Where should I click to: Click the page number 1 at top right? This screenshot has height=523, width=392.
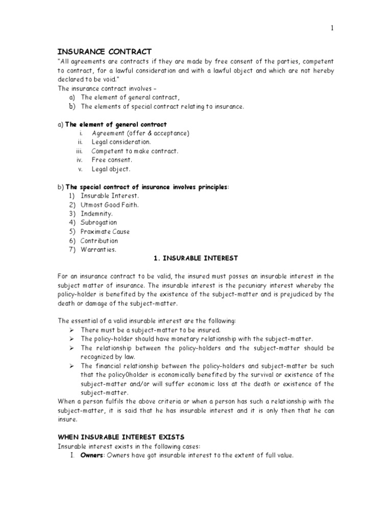[x=332, y=29]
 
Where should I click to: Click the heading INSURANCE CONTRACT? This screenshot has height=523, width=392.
[x=105, y=52]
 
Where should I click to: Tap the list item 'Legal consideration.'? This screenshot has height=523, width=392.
[x=121, y=142]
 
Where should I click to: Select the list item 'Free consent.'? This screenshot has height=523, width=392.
[x=112, y=160]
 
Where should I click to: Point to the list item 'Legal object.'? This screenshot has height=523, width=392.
[x=111, y=169]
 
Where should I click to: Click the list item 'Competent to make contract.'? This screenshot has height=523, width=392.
[x=135, y=151]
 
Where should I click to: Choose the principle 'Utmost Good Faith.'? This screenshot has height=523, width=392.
[x=109, y=205]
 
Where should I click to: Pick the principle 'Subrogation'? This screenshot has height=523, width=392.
[x=99, y=223]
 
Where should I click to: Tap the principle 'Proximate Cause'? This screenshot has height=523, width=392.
[x=105, y=232]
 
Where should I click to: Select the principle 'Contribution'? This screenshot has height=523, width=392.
[x=99, y=241]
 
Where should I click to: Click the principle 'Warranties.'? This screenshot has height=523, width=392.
[x=99, y=250]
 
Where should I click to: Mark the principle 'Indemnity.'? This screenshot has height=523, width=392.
[x=97, y=214]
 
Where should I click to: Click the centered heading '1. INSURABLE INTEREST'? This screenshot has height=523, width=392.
[x=196, y=258]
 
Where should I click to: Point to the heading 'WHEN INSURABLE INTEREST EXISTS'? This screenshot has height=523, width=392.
[x=121, y=437]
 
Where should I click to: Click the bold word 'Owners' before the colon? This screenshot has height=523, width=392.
[x=92, y=456]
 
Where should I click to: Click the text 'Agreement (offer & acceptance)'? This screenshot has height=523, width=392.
[x=140, y=133]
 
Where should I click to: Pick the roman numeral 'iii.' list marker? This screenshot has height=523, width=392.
[x=79, y=151]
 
